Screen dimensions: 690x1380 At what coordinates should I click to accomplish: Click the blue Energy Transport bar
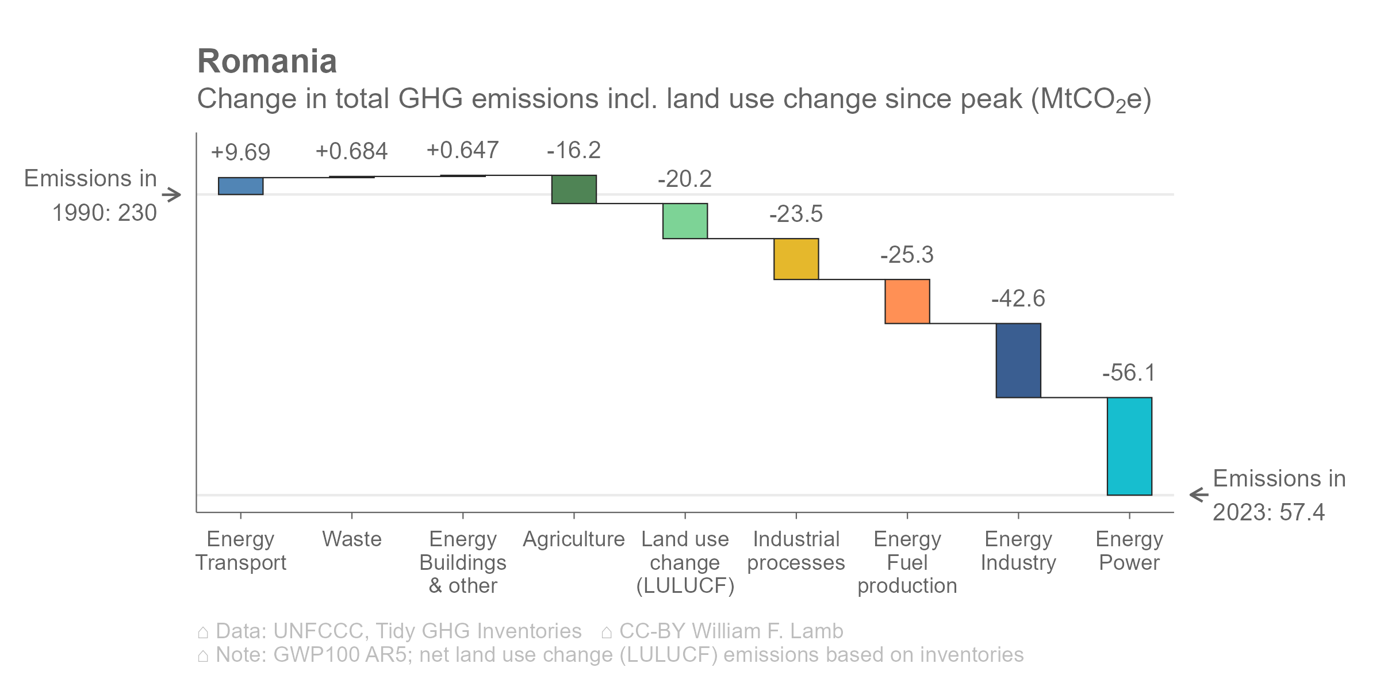coord(240,186)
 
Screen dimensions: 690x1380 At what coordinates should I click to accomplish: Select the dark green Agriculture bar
coord(574,189)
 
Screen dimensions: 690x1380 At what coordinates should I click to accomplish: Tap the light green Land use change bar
coord(685,221)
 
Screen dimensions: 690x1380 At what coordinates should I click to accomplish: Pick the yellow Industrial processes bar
coord(796,259)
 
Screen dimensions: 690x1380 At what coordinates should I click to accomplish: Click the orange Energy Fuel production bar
coord(907,301)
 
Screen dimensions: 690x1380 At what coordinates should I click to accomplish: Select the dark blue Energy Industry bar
coord(1018,360)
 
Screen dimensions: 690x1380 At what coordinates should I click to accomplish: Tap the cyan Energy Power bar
coord(1129,446)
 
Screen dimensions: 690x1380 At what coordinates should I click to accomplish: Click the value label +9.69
coord(240,152)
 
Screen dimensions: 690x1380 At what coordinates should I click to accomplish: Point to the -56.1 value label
coord(1129,373)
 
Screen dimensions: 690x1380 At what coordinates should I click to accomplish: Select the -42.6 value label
coord(1018,298)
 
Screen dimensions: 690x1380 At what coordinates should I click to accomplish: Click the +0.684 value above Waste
coord(351,151)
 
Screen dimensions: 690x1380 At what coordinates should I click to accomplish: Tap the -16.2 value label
coord(574,151)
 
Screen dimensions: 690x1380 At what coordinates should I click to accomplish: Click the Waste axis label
coord(351,539)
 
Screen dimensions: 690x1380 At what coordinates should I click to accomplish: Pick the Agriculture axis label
coord(573,539)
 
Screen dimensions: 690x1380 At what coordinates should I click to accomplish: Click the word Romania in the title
coord(267,62)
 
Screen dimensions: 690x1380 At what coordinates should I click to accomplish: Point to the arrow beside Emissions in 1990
coord(171,195)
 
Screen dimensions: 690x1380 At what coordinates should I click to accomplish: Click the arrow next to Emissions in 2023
coord(1199,494)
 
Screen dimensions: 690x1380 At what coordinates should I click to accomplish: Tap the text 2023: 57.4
coord(1268,512)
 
